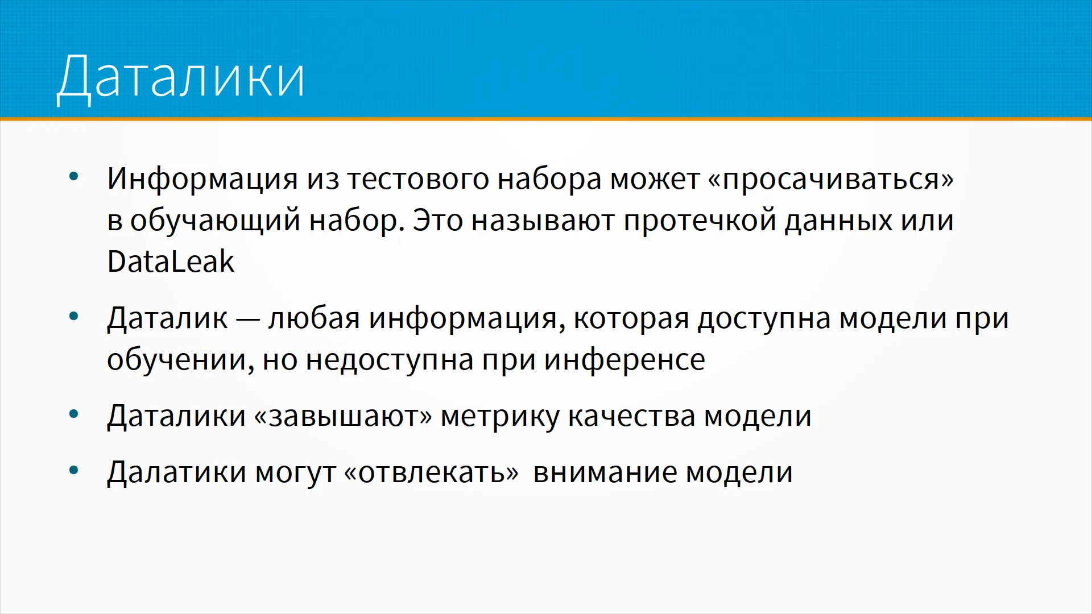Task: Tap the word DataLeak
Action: click(171, 262)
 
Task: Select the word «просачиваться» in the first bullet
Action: click(830, 180)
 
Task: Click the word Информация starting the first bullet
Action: click(202, 180)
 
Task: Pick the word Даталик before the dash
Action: click(167, 318)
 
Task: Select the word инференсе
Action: click(624, 360)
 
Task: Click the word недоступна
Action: click(390, 360)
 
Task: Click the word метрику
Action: click(500, 417)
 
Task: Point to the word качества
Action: click(631, 416)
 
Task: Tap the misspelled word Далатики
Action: click(176, 473)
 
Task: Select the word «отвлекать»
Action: click(432, 472)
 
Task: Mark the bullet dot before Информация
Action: click(73, 177)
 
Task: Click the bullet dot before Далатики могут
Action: click(73, 470)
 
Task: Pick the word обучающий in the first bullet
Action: click(215, 221)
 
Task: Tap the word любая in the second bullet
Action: click(314, 318)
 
